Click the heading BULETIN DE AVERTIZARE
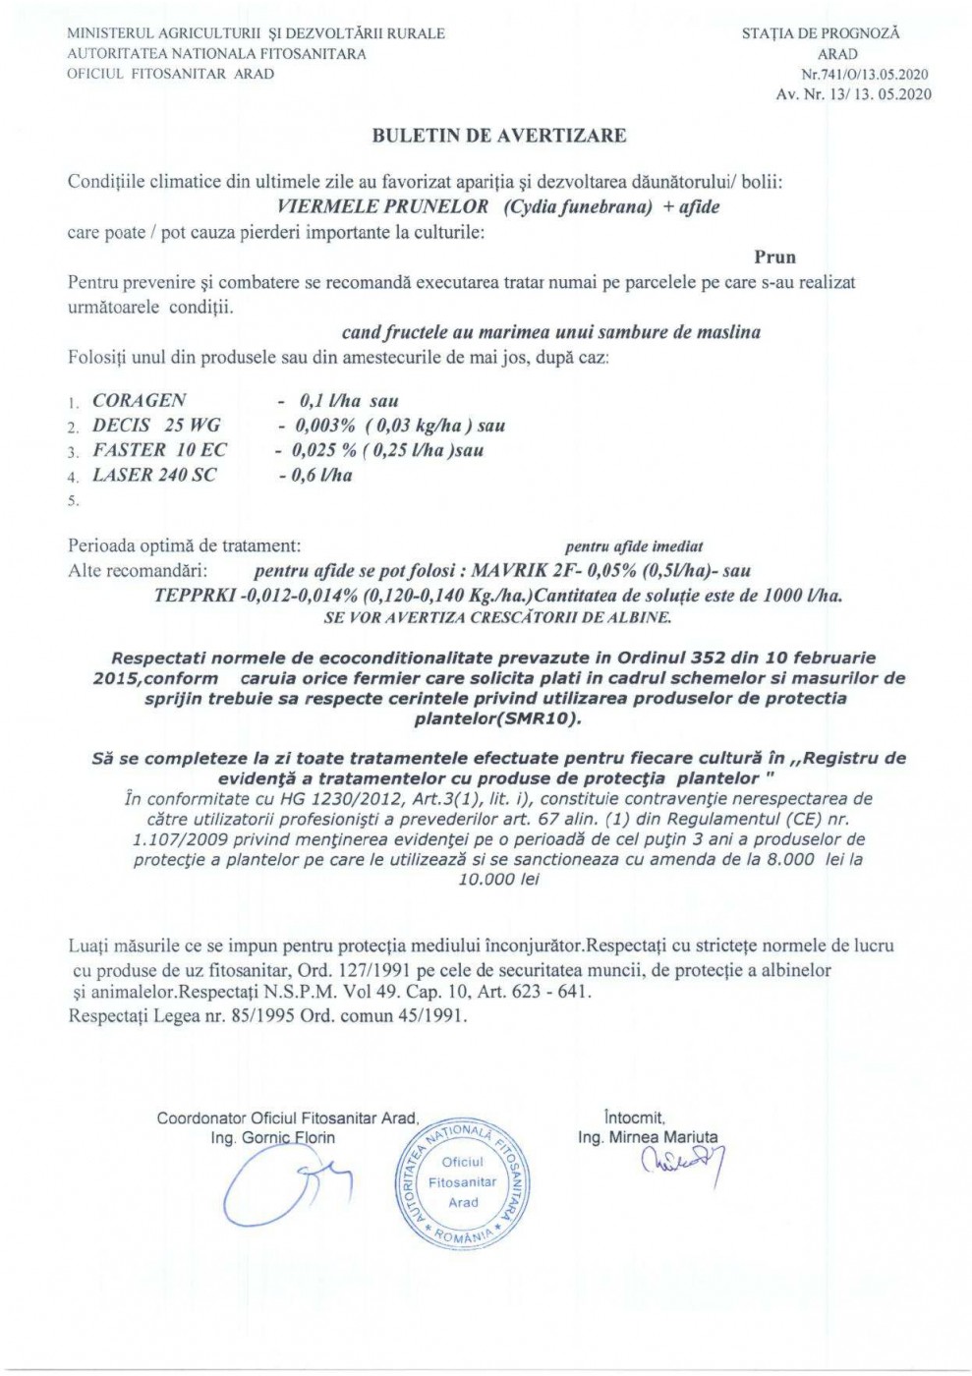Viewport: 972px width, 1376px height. point(498,137)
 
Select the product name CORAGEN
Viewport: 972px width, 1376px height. point(139,401)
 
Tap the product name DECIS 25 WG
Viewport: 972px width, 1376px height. point(156,426)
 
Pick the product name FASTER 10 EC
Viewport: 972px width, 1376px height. point(159,450)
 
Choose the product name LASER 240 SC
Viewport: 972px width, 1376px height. point(154,476)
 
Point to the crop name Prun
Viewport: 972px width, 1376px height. point(774,258)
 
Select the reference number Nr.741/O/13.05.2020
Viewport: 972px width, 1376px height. point(865,75)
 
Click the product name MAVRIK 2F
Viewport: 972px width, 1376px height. point(523,571)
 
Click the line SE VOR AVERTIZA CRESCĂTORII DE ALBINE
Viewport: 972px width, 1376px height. point(497,618)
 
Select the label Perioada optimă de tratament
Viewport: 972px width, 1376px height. point(184,545)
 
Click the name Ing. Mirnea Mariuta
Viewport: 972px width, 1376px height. point(648,1137)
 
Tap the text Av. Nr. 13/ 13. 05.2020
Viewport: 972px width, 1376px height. point(853,95)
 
